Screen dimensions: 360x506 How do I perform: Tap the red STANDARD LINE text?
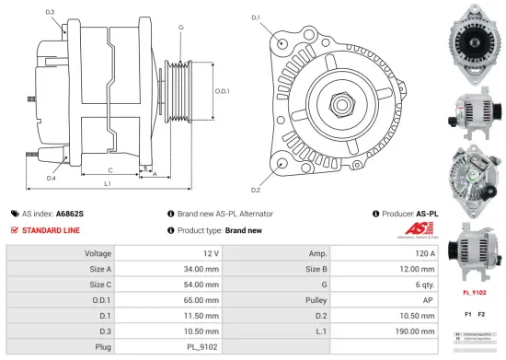point(52,229)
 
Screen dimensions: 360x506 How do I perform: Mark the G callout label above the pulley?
point(180,28)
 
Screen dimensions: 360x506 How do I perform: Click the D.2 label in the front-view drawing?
point(255,190)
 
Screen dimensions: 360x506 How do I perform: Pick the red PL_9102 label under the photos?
point(473,294)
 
